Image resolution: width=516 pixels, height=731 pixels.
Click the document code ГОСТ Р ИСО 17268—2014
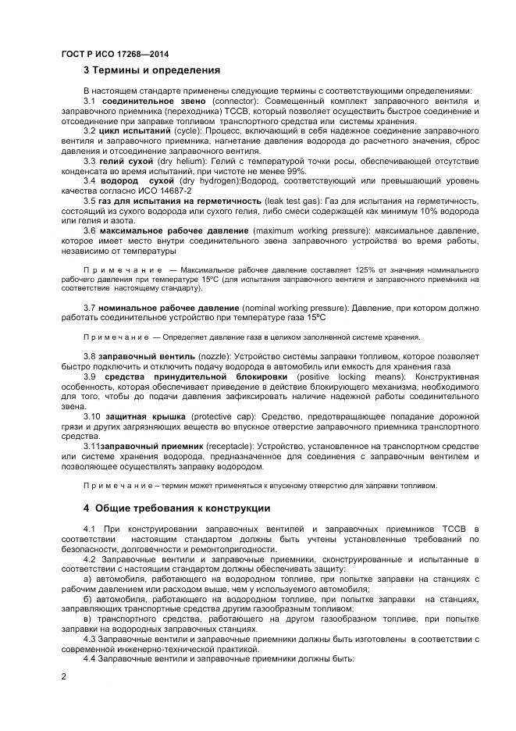tap(115, 54)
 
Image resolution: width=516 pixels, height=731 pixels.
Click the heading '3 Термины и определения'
tap(151, 70)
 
